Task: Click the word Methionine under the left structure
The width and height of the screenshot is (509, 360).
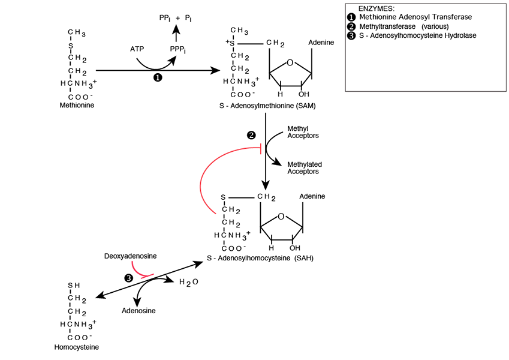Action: click(x=77, y=105)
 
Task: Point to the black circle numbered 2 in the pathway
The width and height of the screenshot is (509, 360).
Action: click(x=252, y=135)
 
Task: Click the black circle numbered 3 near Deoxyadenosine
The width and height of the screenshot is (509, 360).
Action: click(x=128, y=278)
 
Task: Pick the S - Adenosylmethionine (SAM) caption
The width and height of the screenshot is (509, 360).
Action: click(x=267, y=106)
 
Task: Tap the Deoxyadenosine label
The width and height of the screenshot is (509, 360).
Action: click(x=131, y=256)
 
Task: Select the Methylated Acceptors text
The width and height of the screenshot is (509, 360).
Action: click(x=304, y=167)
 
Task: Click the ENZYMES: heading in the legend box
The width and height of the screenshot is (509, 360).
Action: click(x=376, y=8)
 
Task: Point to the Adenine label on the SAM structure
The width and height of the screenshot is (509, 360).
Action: click(x=321, y=43)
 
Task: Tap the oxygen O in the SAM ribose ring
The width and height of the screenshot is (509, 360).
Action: click(x=290, y=62)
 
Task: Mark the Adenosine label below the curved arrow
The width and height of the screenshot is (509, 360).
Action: click(x=138, y=311)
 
